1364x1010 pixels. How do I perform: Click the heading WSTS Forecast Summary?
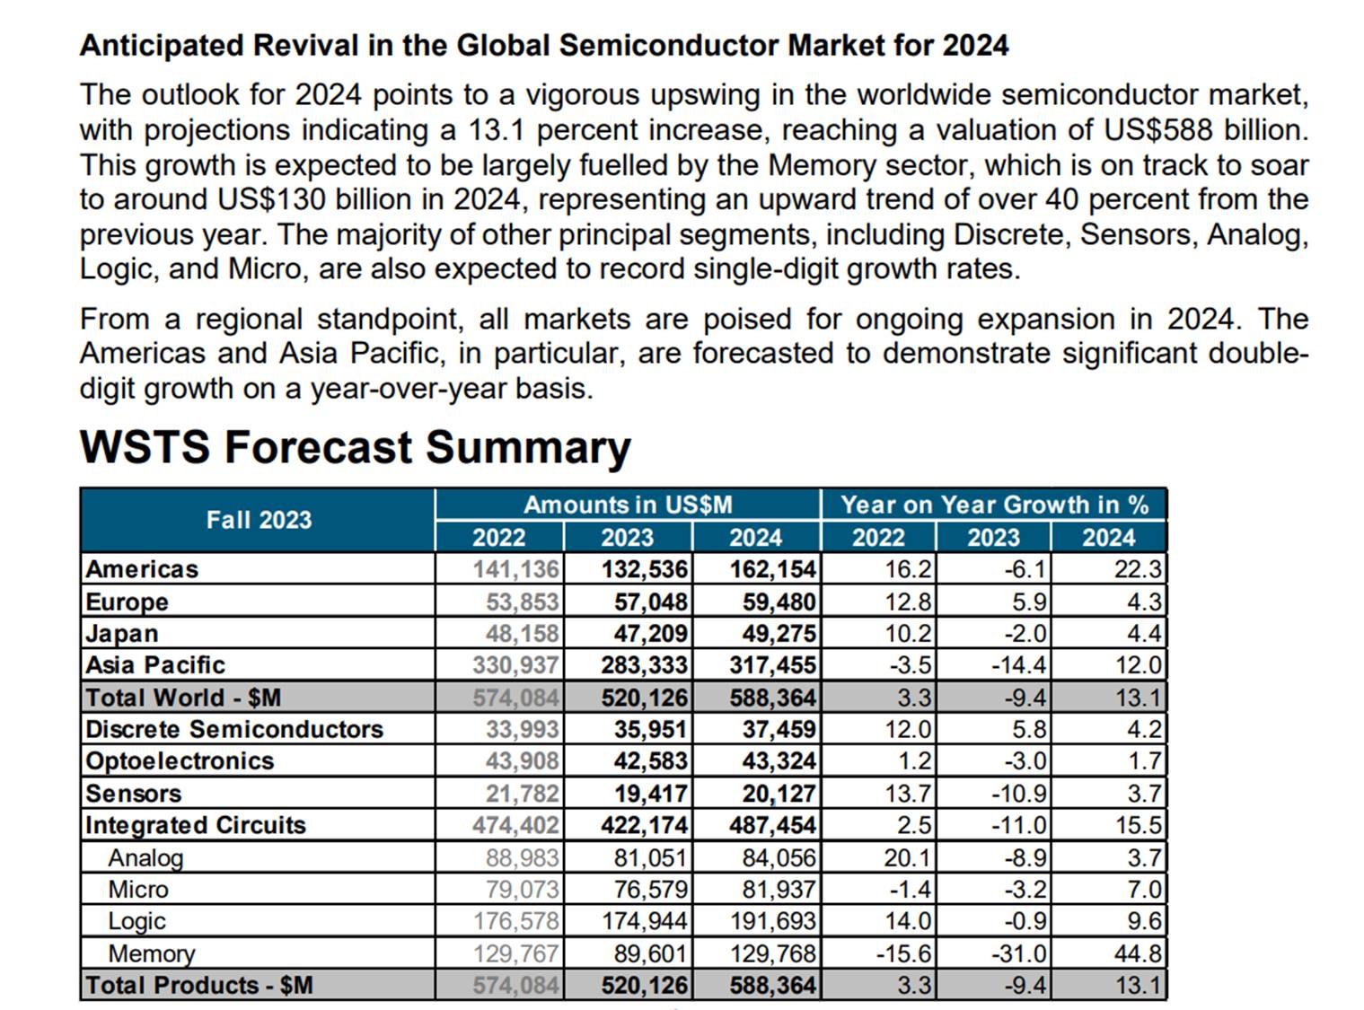(355, 447)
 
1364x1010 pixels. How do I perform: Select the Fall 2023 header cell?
(259, 520)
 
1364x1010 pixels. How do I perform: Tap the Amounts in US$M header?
(628, 505)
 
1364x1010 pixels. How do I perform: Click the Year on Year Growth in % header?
(994, 505)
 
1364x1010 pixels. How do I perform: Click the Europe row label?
(128, 602)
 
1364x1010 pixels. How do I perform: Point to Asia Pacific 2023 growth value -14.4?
(1018, 665)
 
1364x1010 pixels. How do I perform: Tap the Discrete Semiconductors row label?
(234, 729)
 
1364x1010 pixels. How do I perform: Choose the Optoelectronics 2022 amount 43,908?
(523, 761)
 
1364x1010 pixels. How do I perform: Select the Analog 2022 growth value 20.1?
(907, 857)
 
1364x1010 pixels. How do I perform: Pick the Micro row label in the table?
(138, 890)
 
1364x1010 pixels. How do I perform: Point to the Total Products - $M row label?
(198, 986)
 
